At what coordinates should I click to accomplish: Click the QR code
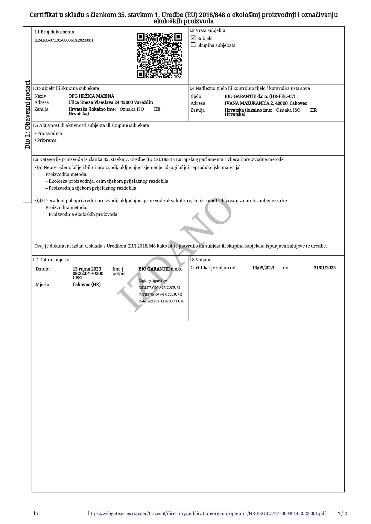(159, 55)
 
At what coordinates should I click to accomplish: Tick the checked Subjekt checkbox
(193, 38)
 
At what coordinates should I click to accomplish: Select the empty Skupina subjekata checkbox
(193, 45)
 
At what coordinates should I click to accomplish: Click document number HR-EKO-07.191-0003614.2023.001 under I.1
(64, 40)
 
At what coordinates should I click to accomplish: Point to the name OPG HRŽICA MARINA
(91, 96)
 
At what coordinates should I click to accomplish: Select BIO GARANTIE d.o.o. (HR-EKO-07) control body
(260, 96)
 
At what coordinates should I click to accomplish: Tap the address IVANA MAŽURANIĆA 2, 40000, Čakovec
(266, 103)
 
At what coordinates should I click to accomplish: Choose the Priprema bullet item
(47, 140)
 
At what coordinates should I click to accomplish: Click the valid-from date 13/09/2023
(263, 268)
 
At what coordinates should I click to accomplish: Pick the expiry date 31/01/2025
(325, 268)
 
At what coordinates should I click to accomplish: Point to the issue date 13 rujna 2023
(87, 269)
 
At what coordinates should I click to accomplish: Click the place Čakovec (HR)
(86, 285)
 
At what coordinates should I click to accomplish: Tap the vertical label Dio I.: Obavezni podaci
(28, 115)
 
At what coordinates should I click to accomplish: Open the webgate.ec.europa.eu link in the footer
(207, 514)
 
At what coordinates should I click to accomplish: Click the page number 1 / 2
(342, 514)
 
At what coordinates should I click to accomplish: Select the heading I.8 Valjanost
(202, 260)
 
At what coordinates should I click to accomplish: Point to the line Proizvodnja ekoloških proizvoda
(83, 214)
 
